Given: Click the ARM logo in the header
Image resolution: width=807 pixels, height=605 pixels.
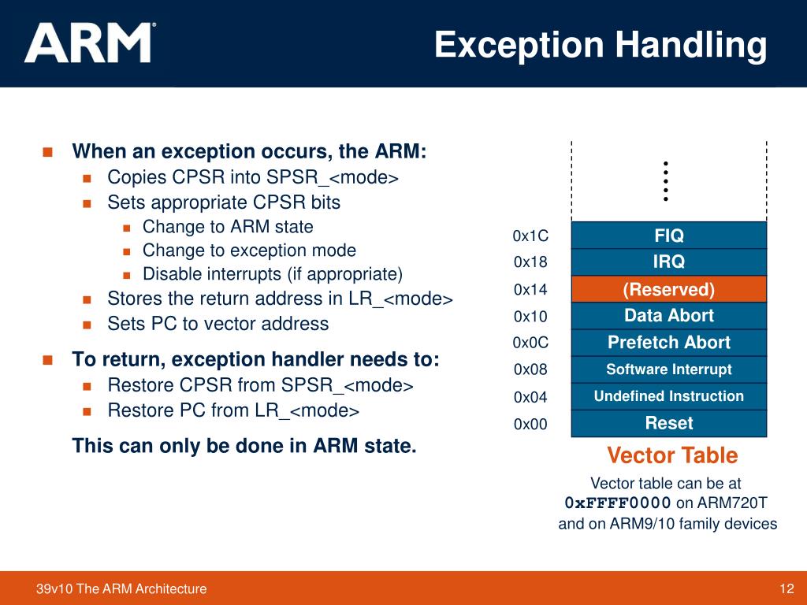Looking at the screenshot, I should pyautogui.click(x=90, y=43).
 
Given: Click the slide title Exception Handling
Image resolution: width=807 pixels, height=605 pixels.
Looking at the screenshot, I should pyautogui.click(x=601, y=45).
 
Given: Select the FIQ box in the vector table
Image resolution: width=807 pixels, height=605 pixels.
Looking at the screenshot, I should pyautogui.click(x=668, y=236).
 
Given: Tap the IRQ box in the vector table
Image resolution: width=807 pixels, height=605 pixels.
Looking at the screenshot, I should pyautogui.click(x=668, y=262).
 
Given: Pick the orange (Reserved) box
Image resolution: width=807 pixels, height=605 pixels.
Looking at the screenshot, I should pyautogui.click(x=668, y=289).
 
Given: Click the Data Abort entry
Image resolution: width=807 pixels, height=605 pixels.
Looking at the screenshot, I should pyautogui.click(x=668, y=316).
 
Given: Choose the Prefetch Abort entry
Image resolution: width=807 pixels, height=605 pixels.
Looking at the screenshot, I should pyautogui.click(x=668, y=343).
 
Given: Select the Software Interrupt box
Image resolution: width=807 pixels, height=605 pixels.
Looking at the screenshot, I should pyautogui.click(x=668, y=369).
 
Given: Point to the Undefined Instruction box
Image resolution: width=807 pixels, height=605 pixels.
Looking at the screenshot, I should pyautogui.click(x=668, y=396).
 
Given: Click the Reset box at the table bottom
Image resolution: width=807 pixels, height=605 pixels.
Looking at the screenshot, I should pyautogui.click(x=668, y=423).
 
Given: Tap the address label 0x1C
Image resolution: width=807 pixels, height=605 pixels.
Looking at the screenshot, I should pyautogui.click(x=530, y=236).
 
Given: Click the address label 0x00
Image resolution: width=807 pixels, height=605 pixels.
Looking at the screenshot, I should pyautogui.click(x=530, y=424).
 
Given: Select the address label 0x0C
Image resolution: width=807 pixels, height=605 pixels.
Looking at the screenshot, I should pyautogui.click(x=530, y=343).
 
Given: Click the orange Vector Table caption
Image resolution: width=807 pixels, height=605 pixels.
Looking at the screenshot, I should pyautogui.click(x=672, y=455).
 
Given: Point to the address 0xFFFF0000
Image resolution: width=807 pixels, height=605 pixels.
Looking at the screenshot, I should pyautogui.click(x=618, y=503).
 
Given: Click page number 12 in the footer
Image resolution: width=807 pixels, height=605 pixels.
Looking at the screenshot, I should pyautogui.click(x=785, y=588).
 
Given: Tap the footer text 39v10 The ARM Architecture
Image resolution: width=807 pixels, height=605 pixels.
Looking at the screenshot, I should pyautogui.click(x=122, y=588).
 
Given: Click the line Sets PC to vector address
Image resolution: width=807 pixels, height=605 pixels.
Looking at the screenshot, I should pyautogui.click(x=218, y=324).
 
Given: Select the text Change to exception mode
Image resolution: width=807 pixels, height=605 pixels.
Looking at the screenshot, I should pyautogui.click(x=249, y=251).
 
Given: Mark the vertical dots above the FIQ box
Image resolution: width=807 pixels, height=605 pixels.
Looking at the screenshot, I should pyautogui.click(x=666, y=181).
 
